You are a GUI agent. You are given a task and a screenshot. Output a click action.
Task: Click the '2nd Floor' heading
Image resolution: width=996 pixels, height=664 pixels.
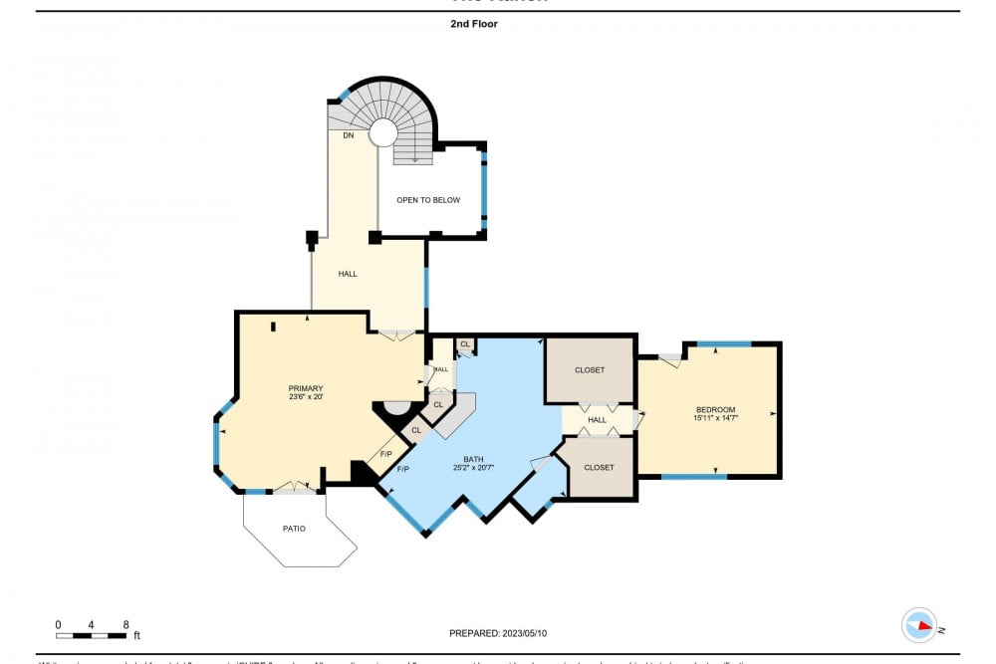pos(473,24)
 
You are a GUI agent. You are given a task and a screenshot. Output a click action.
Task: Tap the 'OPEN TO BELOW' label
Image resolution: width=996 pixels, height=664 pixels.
pos(428,200)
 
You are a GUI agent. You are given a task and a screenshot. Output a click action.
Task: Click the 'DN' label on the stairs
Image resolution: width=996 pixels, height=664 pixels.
pos(349,135)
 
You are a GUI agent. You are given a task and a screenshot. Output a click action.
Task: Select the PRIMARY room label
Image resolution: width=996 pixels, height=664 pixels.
pos(306,388)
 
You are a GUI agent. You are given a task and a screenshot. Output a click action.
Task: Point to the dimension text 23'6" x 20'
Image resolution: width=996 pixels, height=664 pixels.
pos(306,397)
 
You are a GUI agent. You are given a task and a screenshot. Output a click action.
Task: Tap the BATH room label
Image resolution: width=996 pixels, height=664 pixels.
pos(473,459)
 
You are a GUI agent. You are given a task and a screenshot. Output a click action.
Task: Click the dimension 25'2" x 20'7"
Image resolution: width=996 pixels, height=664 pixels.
pos(473,468)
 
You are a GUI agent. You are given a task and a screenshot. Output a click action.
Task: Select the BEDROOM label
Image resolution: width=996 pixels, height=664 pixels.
pos(714,410)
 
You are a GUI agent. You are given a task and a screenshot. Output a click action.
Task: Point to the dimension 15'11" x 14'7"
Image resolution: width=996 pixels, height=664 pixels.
pos(714,419)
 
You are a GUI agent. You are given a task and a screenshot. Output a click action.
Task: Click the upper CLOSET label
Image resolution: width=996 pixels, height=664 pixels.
pos(590,370)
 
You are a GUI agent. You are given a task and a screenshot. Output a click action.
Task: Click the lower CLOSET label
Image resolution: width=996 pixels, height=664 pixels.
pos(599,467)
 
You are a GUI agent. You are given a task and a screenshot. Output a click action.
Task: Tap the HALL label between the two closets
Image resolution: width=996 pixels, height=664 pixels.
pos(597,420)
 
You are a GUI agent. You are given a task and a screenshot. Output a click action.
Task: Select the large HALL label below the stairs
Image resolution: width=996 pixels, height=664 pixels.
pos(348,274)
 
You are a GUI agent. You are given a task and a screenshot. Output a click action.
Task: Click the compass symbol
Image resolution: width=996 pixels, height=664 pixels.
pos(919,625)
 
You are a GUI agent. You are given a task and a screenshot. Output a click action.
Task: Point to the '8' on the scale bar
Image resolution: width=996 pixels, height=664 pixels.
pos(125,624)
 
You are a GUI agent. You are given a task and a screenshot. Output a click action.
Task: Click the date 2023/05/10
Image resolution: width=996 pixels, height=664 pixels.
pos(527,633)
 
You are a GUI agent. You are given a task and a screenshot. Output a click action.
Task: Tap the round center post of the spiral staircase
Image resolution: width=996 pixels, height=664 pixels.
pos(382,132)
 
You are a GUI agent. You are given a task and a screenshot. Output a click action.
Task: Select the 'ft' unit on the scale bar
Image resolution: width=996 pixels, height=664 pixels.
pos(136,635)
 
